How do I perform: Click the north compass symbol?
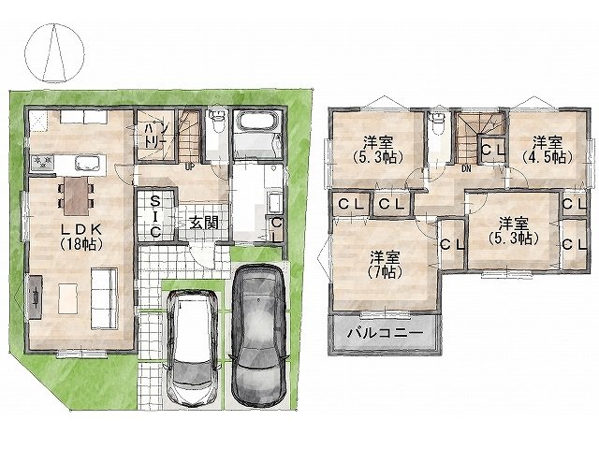coord(54,52)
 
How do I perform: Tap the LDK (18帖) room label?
coord(81,237)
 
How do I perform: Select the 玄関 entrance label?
coord(204,223)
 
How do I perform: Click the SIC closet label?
coord(154,216)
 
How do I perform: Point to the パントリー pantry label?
coord(154,136)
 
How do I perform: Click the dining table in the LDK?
coord(77,196)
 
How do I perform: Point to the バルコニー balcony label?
coord(386,333)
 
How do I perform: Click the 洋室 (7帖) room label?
coord(385,265)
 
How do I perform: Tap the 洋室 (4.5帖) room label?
coord(548,150)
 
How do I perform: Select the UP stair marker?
coord(189,167)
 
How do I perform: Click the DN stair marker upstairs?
coord(466,168)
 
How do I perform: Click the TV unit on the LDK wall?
coord(36,297)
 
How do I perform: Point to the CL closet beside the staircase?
coord(492,150)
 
